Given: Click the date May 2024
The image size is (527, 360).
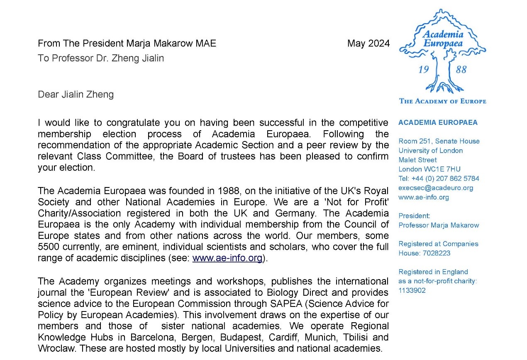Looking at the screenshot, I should click(x=368, y=44).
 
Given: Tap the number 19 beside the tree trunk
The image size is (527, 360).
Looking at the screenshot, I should click(x=423, y=70).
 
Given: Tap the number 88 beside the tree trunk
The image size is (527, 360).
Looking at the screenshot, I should click(x=461, y=70).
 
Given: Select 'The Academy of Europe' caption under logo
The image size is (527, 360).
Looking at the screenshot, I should click(x=442, y=101).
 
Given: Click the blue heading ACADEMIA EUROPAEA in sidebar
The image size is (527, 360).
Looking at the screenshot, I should click(x=438, y=122).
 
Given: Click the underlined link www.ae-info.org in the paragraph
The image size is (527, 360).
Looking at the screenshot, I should click(x=227, y=258).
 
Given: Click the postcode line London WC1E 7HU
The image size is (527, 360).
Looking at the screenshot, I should click(x=429, y=169).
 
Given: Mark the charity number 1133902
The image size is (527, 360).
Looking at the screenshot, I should click(x=412, y=290).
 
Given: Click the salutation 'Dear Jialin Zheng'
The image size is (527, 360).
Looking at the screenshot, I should click(x=76, y=95).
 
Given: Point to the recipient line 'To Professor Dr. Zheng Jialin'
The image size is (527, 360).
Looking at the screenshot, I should click(x=101, y=58).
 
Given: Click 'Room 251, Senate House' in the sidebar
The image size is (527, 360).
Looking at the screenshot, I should click(x=439, y=141).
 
